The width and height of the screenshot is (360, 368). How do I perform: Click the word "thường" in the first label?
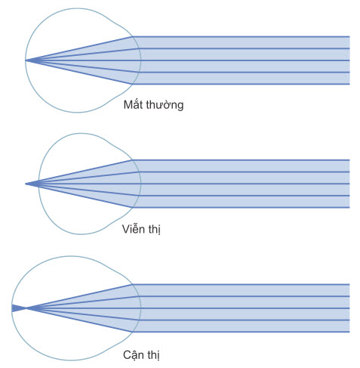tap(165, 104)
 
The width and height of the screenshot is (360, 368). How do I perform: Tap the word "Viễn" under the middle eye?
tap(134, 228)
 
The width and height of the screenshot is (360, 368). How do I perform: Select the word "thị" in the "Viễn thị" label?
tap(155, 229)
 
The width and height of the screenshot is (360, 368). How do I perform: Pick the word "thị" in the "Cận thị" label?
tap(153, 355)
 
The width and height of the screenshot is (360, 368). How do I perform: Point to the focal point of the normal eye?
tap(26, 60)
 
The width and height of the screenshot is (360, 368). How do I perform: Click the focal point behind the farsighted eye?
tap(26, 184)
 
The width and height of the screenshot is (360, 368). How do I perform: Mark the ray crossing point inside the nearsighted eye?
tap(26, 308)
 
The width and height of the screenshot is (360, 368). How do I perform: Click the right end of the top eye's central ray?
tap(349, 60)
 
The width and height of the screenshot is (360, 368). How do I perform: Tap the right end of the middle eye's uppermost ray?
tap(349, 160)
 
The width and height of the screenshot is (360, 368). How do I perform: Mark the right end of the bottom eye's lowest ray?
tap(349, 332)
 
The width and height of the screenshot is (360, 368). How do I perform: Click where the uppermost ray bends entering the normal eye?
tap(133, 37)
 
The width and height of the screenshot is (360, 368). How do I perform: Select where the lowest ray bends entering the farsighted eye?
tap(133, 207)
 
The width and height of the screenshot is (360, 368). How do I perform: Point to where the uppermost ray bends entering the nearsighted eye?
tap(133, 285)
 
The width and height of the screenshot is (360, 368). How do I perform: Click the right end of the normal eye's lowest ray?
tap(349, 84)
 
